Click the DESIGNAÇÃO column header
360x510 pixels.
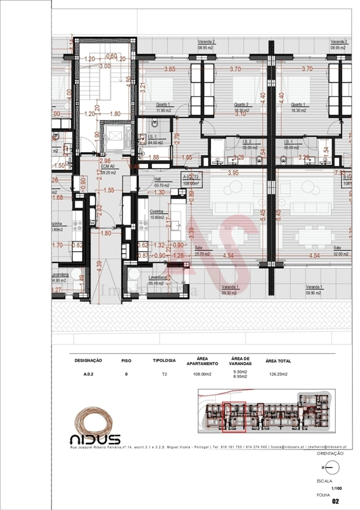click(x=88, y=360)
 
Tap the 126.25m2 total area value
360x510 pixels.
click(x=278, y=374)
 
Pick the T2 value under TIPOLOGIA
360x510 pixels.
click(x=164, y=374)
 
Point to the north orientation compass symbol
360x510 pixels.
click(x=332, y=467)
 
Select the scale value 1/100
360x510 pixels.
click(x=336, y=489)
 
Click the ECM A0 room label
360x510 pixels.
click(x=108, y=168)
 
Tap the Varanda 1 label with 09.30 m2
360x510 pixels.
click(x=229, y=289)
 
